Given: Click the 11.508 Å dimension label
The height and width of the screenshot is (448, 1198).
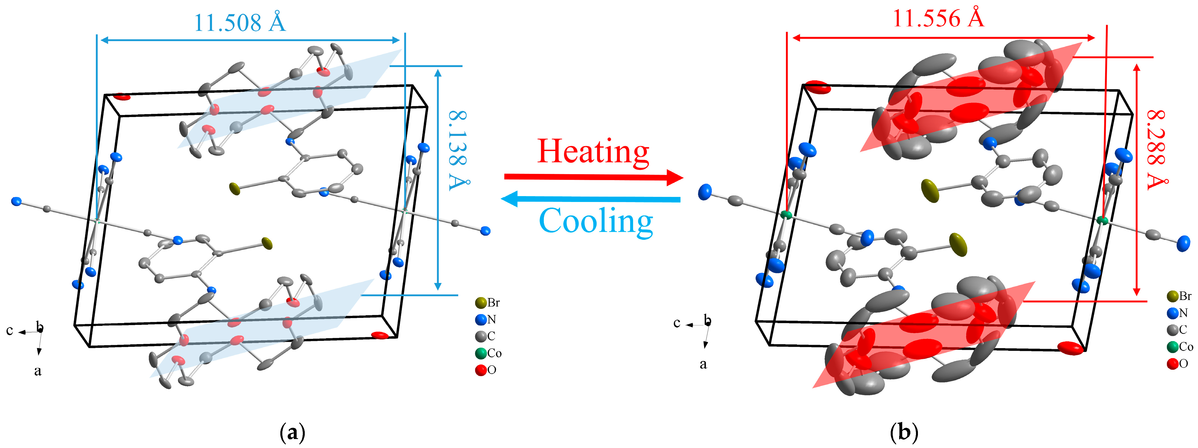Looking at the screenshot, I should tap(239, 23).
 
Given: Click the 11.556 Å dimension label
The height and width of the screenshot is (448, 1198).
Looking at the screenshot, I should tap(938, 19).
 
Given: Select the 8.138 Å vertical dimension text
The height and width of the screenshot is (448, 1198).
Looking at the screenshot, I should tap(458, 150).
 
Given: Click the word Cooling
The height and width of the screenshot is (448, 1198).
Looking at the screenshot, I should tap(596, 221).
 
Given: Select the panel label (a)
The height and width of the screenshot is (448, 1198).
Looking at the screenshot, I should tap(292, 432).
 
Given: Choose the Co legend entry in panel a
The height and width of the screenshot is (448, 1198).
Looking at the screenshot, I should tap(488, 353).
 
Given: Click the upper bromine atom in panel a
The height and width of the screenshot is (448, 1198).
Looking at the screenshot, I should tap(235, 189).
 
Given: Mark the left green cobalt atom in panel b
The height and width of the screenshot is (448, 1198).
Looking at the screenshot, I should tap(786, 215).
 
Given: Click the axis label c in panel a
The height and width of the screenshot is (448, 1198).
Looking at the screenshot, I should tap(9, 330).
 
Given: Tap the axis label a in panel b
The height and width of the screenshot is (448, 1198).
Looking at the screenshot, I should tap(703, 364).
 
